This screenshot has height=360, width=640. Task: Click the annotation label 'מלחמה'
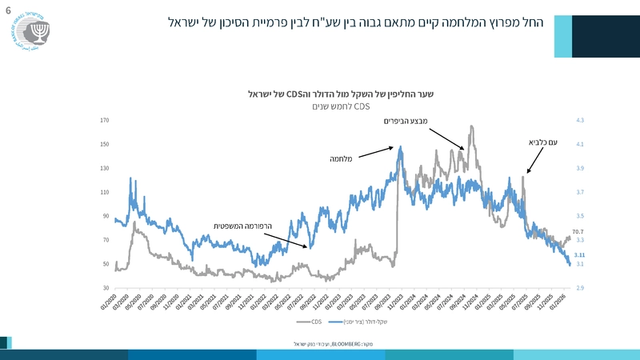tap(342, 158)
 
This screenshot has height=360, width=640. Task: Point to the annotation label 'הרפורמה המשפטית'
tap(242, 226)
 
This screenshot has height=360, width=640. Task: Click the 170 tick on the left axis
tap(105, 121)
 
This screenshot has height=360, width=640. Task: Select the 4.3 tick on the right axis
tap(580, 121)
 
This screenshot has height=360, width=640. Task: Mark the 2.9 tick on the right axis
tap(580, 288)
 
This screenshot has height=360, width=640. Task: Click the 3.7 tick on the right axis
tap(580, 192)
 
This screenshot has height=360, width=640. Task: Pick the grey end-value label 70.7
tap(578, 231)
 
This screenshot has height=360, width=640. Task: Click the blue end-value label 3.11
tap(580, 254)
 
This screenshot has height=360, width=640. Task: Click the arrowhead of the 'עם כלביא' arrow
tap(525, 174)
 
